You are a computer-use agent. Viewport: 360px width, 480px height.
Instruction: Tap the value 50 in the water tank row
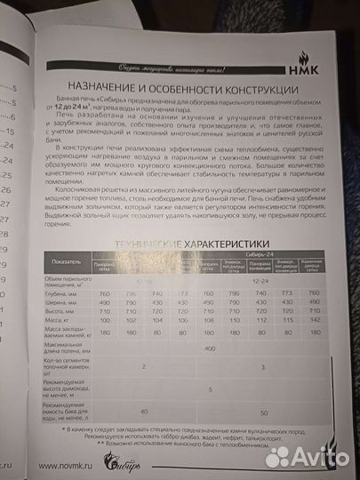pyautogui.click(x=263, y=413)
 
